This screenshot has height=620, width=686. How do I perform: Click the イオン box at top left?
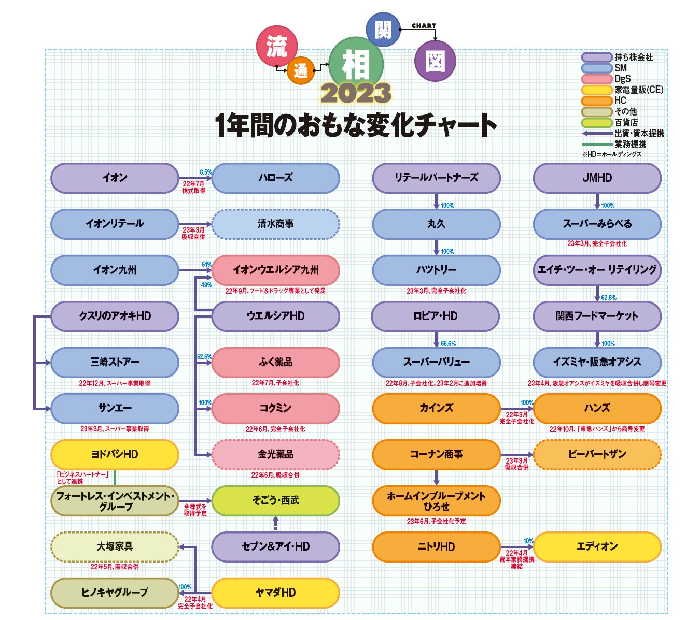tap(115, 178)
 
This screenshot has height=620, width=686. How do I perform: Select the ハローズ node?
tap(275, 178)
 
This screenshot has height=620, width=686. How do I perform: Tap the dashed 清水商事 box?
tap(275, 224)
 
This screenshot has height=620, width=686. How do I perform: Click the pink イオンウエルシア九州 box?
tap(275, 270)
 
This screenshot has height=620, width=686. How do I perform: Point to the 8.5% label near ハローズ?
tap(205, 172)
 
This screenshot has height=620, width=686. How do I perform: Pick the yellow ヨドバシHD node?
tap(115, 454)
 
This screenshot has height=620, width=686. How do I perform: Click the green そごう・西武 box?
tap(275, 500)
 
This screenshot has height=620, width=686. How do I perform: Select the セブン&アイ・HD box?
tap(275, 546)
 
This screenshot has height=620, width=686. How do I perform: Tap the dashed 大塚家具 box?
tap(115, 546)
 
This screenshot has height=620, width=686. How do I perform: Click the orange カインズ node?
tap(436, 408)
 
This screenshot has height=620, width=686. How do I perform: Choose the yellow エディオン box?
tap(597, 546)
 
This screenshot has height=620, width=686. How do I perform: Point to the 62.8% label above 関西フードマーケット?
tap(609, 297)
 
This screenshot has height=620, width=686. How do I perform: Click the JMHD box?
tap(597, 178)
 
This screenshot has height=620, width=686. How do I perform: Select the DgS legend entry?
tap(622, 79)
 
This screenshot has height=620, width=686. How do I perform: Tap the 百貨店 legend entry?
tap(626, 122)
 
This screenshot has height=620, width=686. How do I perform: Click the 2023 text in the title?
tap(356, 94)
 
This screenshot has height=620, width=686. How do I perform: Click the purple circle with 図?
tap(435, 62)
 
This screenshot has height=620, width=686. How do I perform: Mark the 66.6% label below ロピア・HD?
tap(448, 343)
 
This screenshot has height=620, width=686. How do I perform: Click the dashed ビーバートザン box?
tap(597, 454)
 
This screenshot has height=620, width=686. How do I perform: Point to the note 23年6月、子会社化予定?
tap(436, 521)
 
